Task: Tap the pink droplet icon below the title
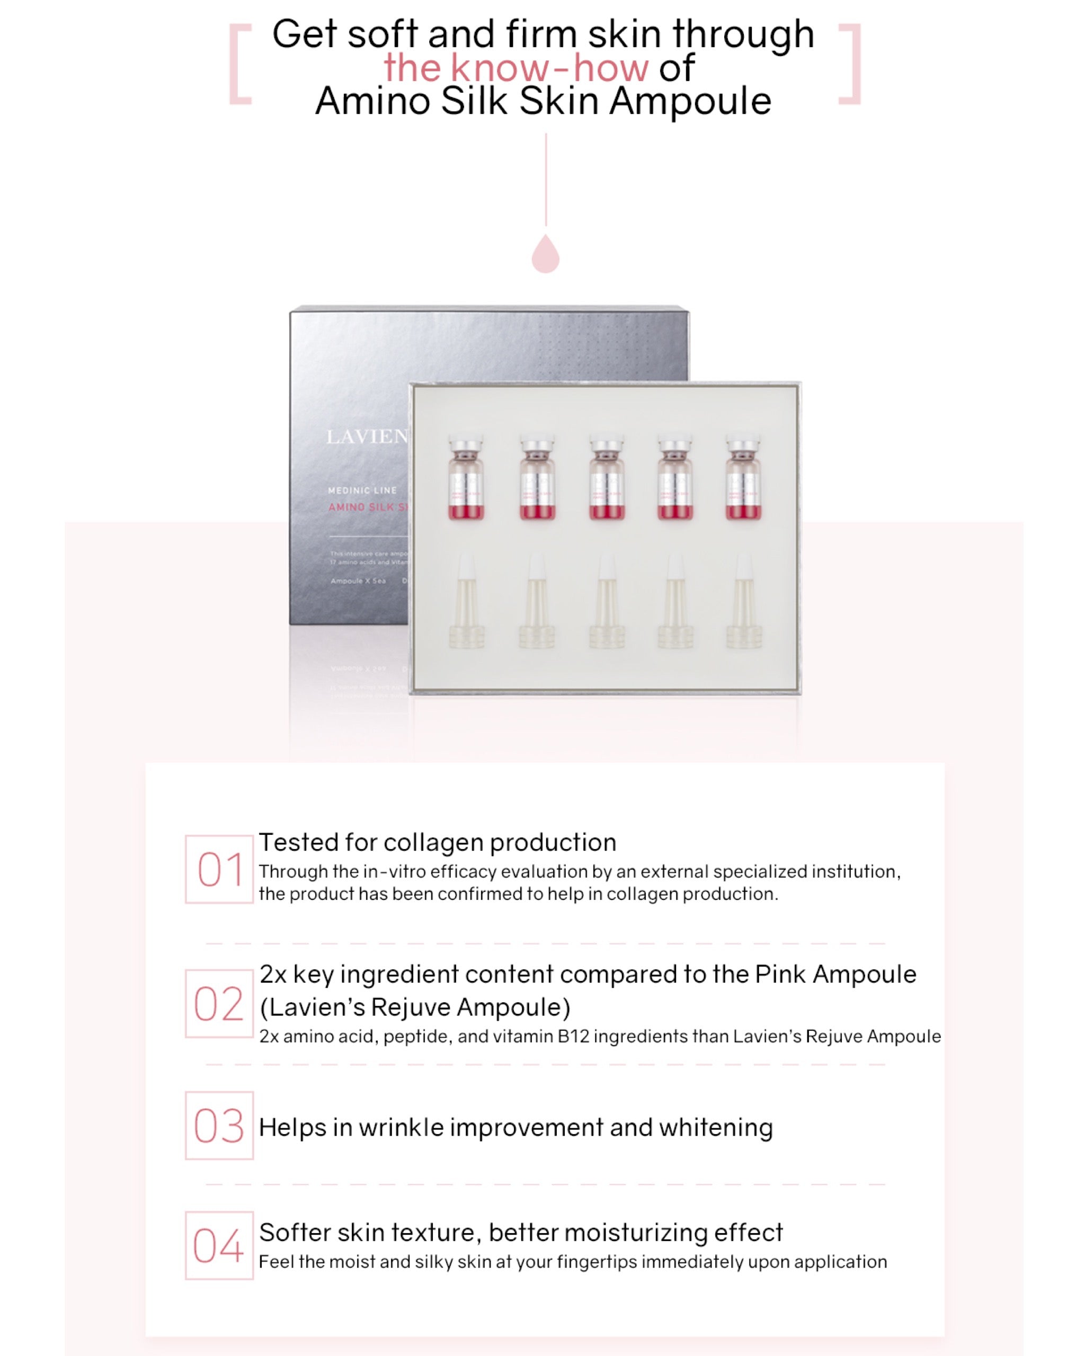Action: coord(545,255)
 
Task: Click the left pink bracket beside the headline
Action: coord(239,64)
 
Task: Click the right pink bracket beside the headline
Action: coord(850,64)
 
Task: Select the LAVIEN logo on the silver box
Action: coord(367,436)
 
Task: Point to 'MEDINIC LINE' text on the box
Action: coord(362,490)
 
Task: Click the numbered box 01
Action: coord(219,869)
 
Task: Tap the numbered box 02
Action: coord(219,1003)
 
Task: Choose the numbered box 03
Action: coord(219,1125)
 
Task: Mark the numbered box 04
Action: coord(219,1245)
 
